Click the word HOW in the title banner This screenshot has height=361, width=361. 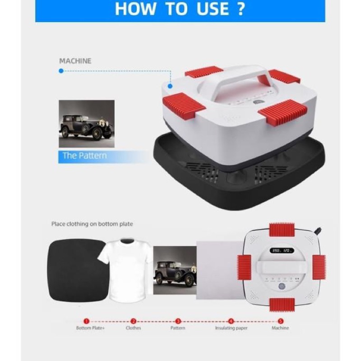pos(135,9)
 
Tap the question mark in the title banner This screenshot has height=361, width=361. pos(241,9)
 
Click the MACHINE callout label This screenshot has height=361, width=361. pos(75,61)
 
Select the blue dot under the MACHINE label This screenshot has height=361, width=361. pos(61,71)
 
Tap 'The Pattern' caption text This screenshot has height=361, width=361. pos(85,156)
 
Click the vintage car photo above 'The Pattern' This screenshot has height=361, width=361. pos(87,124)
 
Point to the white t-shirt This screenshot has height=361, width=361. pos(125,269)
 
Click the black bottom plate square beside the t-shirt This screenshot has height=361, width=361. pos(77,270)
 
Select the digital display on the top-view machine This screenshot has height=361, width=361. pos(282,250)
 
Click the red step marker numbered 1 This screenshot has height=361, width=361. pos(86,321)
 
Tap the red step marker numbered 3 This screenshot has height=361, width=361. pos(178,321)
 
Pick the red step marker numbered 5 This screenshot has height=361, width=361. pos(280,321)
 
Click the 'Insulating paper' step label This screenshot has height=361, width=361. pos(231,328)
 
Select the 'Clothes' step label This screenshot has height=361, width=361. pos(133,328)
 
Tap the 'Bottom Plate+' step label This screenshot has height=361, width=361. pos(90,328)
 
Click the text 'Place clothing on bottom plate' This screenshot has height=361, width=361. pos(92,224)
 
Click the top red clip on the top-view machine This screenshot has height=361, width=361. pos(282,230)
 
